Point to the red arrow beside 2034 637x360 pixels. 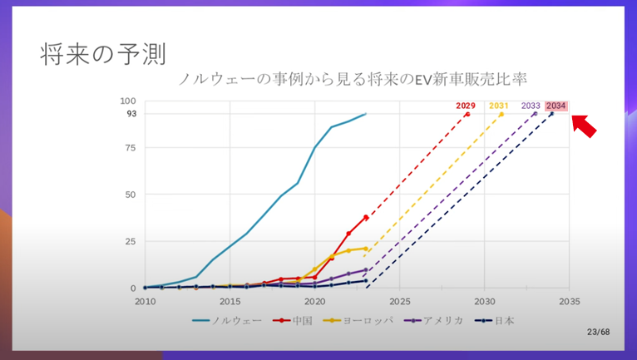(586, 126)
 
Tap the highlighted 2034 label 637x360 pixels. (556, 106)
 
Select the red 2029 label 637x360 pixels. (466, 106)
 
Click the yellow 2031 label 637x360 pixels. (499, 106)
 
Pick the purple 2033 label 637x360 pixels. (531, 106)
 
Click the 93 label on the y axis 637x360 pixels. (131, 114)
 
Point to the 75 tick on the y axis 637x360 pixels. (131, 148)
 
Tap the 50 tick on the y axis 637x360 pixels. (131, 195)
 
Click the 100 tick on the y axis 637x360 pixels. (129, 101)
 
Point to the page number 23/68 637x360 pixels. (598, 333)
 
